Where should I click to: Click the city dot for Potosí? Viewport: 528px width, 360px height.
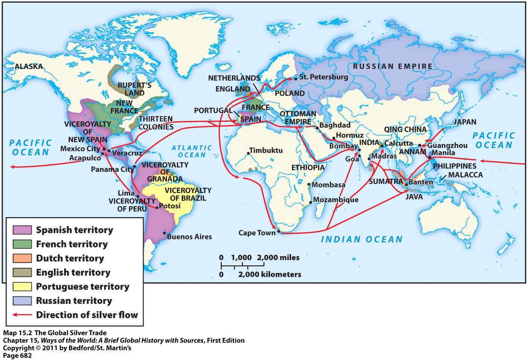pyautogui.click(x=157, y=207)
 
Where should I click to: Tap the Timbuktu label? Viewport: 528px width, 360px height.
pyautogui.click(x=266, y=150)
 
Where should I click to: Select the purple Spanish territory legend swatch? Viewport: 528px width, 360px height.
pyautogui.click(x=22, y=230)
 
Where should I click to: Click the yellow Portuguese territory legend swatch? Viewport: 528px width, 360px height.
pyautogui.click(x=22, y=286)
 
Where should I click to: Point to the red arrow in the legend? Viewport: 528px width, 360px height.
pyautogui.click(x=22, y=315)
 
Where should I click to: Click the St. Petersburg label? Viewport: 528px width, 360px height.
pyautogui.click(x=324, y=77)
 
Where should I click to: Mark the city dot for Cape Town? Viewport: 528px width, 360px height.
pyautogui.click(x=279, y=231)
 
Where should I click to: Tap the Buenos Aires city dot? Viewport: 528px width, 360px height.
pyautogui.click(x=164, y=233)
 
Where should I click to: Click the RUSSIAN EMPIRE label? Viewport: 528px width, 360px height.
pyautogui.click(x=393, y=66)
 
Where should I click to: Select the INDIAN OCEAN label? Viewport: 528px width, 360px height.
pyautogui.click(x=362, y=239)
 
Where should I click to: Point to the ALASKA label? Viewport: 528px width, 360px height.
pyautogui.click(x=29, y=66)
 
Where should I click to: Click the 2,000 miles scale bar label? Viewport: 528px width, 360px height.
pyautogui.click(x=278, y=257)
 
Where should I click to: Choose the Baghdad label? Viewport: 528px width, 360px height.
pyautogui.click(x=335, y=125)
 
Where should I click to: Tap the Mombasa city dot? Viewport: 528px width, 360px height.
pyautogui.click(x=309, y=185)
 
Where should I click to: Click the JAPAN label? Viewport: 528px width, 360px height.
pyautogui.click(x=465, y=122)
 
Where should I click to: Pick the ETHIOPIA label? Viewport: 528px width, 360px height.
pyautogui.click(x=308, y=167)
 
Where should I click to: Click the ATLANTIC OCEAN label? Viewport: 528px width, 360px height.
pyautogui.click(x=192, y=152)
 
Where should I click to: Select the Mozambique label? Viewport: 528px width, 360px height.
pyautogui.click(x=336, y=200)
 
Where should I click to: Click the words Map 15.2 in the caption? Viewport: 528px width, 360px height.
pyautogui.click(x=18, y=333)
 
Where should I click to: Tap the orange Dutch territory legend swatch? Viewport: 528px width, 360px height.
pyautogui.click(x=22, y=258)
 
